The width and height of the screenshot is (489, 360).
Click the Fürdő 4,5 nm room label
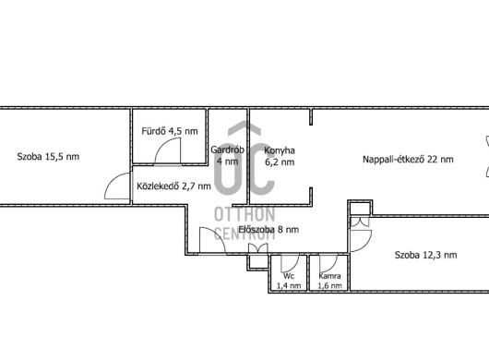coord(170,131)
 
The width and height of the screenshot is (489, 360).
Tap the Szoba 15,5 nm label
coord(48,156)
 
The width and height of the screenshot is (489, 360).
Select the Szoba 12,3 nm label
coord(425,255)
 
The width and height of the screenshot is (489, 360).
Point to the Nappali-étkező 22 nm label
coord(408,159)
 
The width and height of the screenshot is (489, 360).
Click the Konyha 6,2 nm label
coord(280,156)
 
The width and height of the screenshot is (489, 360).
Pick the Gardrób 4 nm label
coord(227,155)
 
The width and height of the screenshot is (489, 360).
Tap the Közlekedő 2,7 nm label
coord(173,186)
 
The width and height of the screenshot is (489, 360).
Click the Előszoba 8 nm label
coord(268,230)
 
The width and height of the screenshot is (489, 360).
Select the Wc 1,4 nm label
coord(289,281)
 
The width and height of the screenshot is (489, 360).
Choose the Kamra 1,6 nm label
coord(329,281)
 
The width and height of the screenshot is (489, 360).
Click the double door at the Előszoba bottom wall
coord(258,248)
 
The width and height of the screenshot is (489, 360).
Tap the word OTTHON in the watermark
coord(244,214)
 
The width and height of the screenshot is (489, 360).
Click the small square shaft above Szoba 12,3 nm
coord(360,209)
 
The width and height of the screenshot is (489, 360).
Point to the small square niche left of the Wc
coord(258,262)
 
